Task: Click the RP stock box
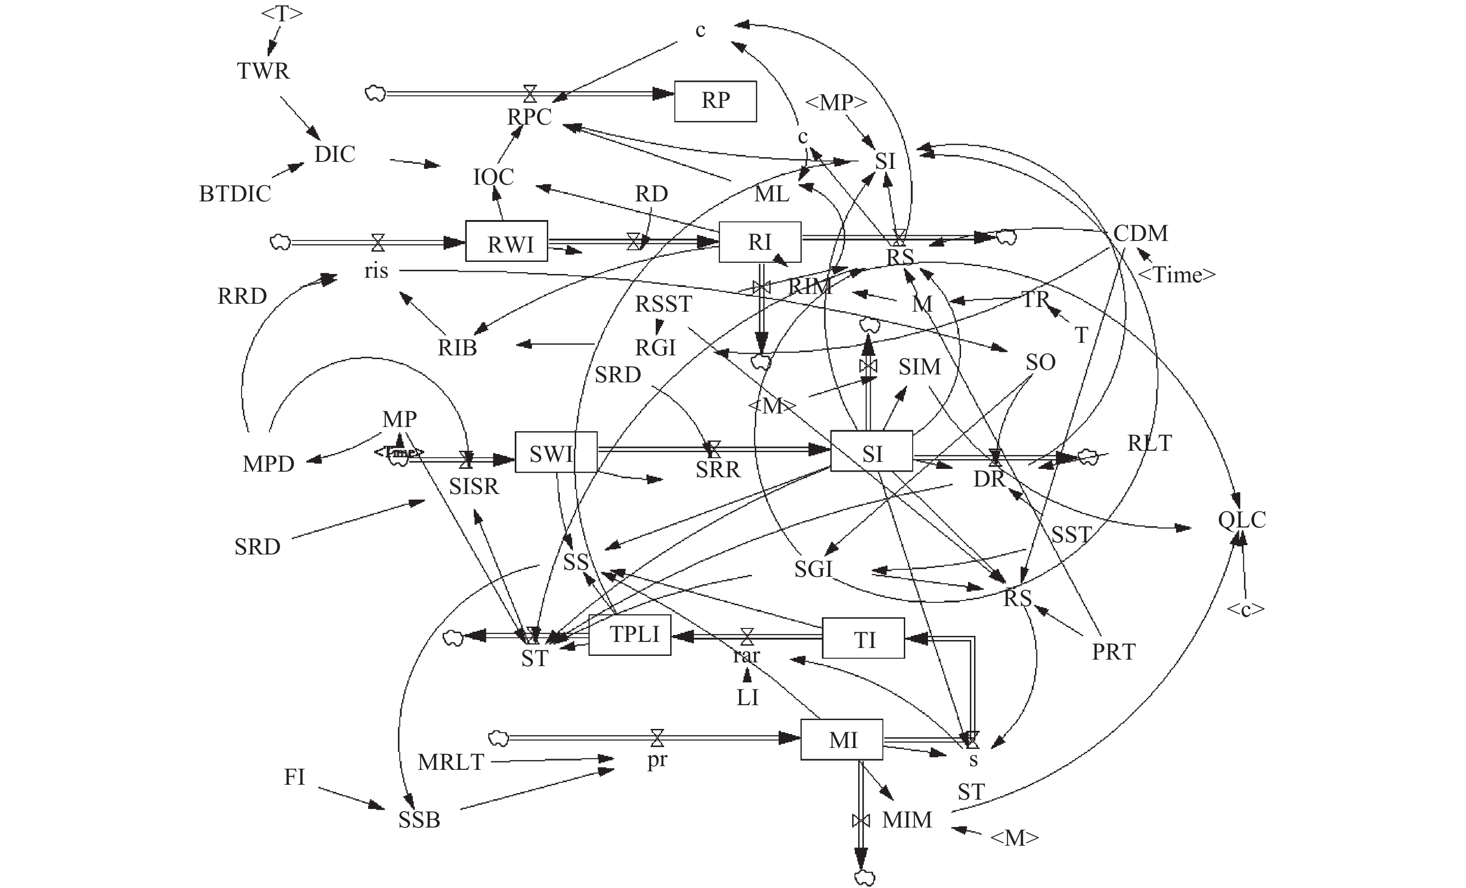715,101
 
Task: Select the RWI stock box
506,241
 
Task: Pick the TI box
863,638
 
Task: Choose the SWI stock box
556,453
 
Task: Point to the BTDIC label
235,194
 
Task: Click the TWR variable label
263,71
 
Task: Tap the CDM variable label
1140,233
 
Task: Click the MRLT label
451,762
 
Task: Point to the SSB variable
419,820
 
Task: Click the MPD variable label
269,464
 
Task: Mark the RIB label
457,348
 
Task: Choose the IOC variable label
493,177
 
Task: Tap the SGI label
813,570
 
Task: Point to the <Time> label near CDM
1176,275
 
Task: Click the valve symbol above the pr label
657,738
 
